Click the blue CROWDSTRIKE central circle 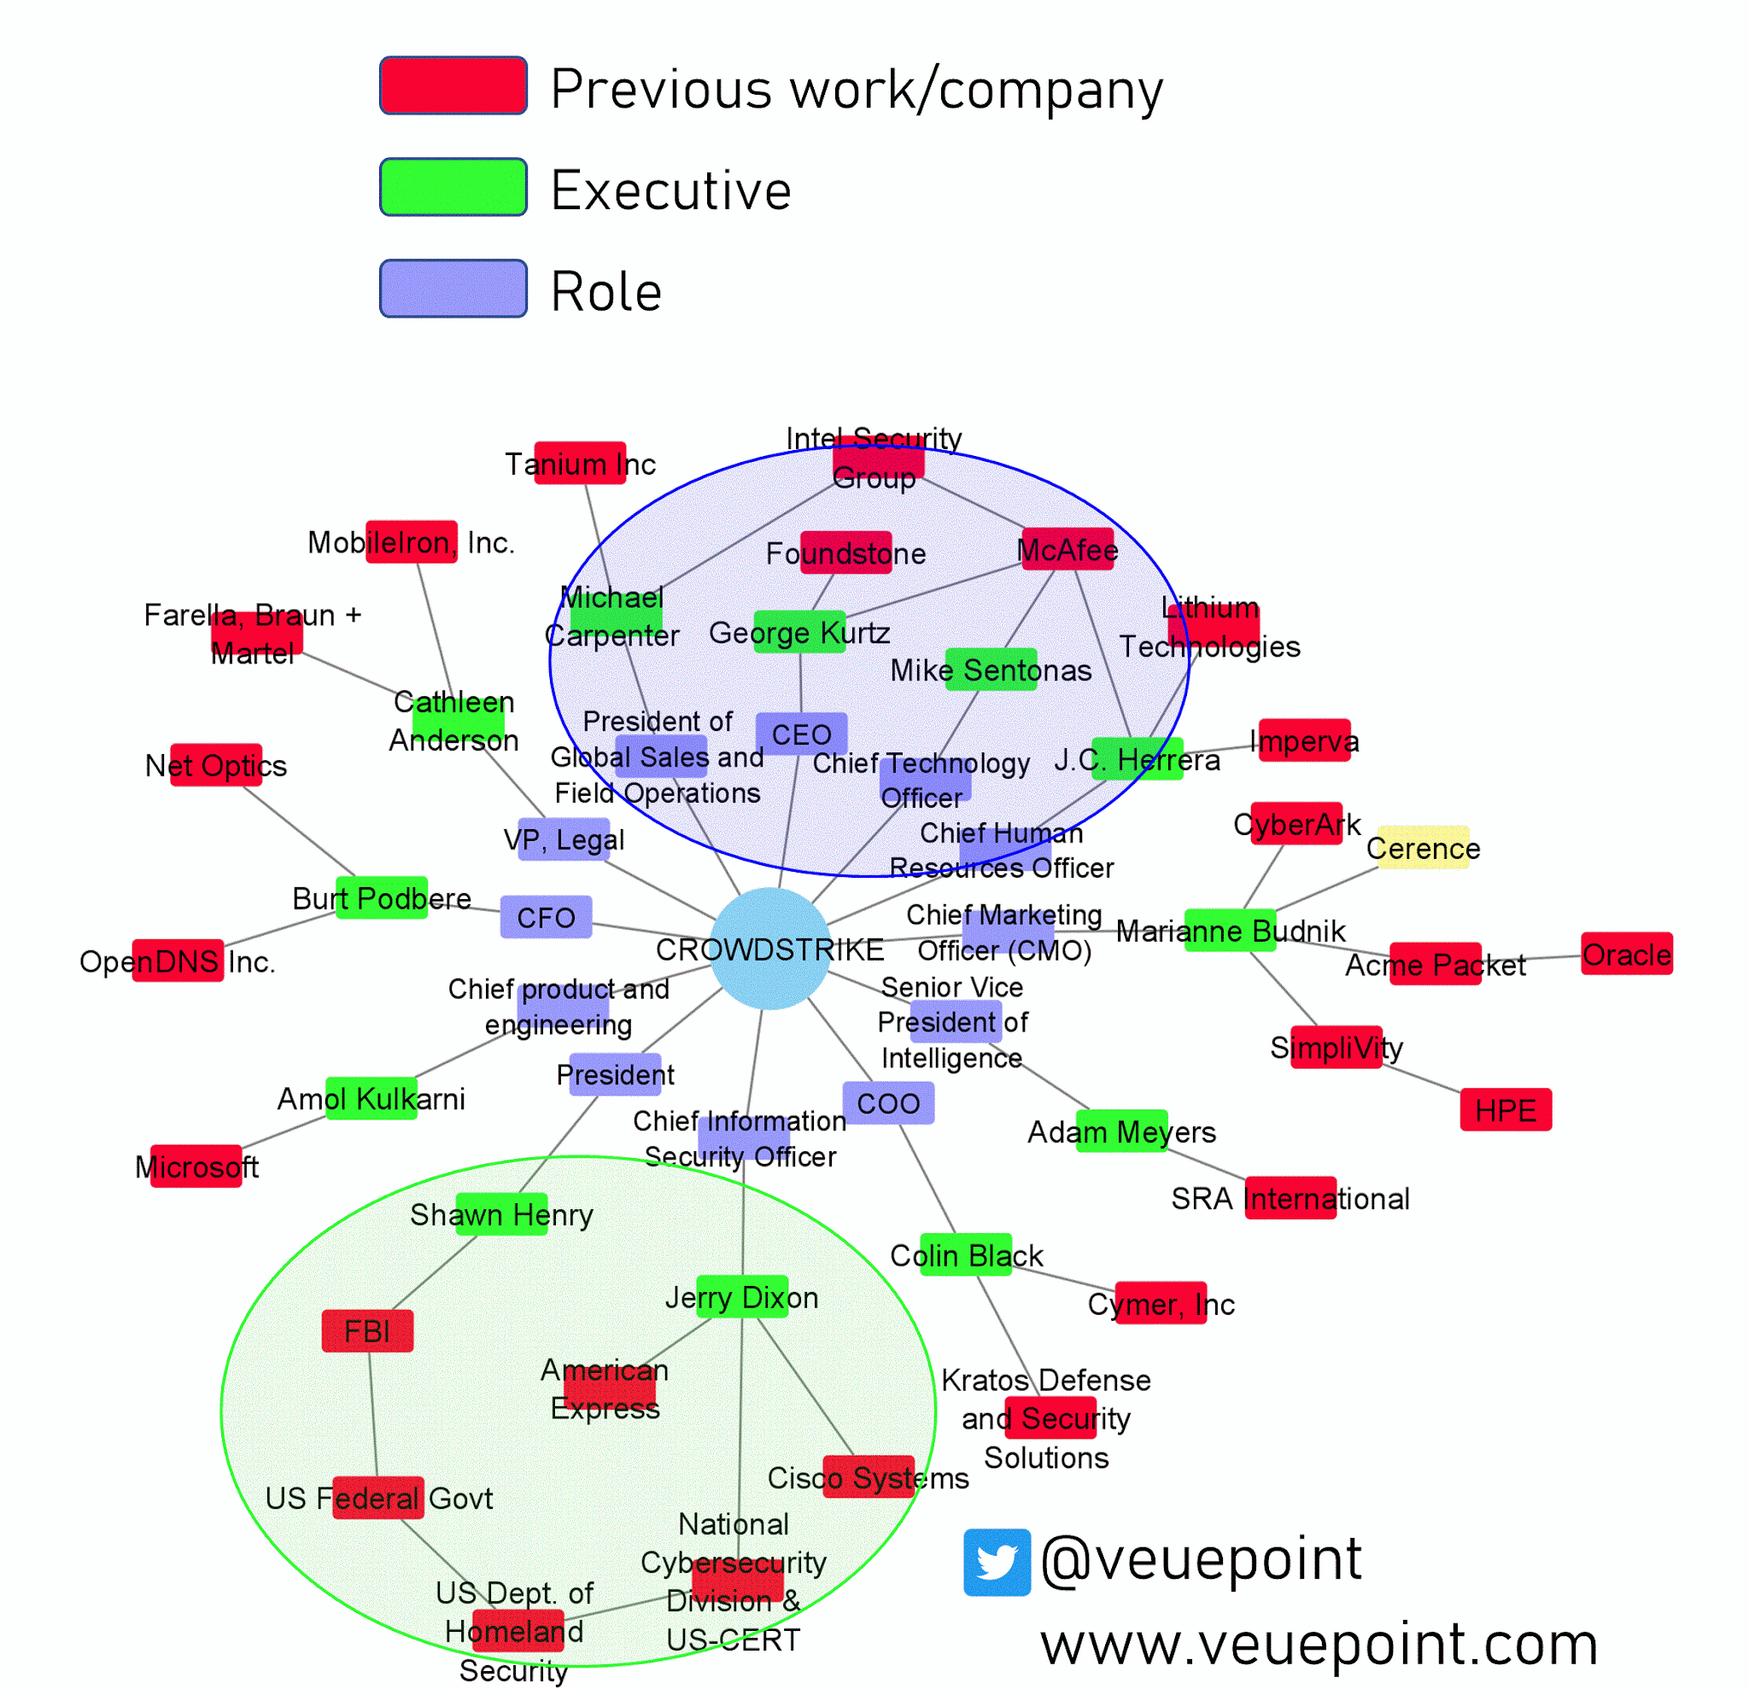coord(770,949)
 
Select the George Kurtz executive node coord(799,632)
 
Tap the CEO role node coord(801,733)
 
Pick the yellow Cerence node coord(1424,848)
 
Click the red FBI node coord(367,1331)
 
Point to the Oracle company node coord(1627,954)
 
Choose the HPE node coord(1506,1110)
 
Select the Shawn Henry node coord(501,1214)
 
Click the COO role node coord(889,1102)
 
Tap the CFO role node coord(546,917)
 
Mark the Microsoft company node coord(196,1166)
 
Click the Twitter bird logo coord(997,1563)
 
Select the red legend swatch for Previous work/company coord(453,85)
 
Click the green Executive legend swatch coord(453,187)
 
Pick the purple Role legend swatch coord(453,289)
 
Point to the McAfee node coord(1068,550)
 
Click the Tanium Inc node coord(580,463)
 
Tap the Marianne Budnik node coord(1230,931)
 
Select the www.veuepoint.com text coord(1319,1645)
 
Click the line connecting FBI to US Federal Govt coord(373,1415)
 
